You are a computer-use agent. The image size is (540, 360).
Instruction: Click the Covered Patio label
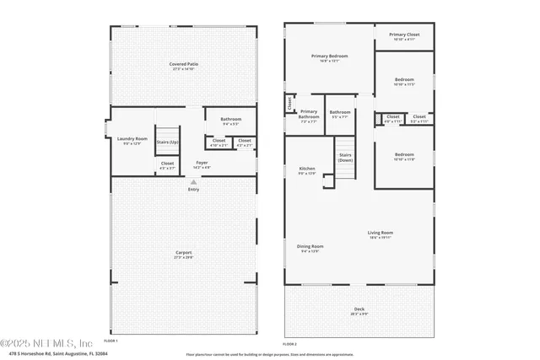click(183, 64)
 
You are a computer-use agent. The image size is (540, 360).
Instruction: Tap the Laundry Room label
click(132, 139)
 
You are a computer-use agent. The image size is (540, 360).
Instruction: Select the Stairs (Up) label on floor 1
click(168, 142)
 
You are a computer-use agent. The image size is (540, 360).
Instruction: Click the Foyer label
click(202, 163)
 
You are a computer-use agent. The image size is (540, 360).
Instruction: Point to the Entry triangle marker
click(194, 182)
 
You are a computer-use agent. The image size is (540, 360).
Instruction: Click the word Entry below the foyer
click(194, 189)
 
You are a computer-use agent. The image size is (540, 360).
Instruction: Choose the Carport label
click(183, 253)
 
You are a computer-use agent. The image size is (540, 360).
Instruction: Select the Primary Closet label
click(403, 35)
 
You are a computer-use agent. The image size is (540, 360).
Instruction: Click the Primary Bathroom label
click(309, 114)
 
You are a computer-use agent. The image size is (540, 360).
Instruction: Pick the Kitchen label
click(307, 169)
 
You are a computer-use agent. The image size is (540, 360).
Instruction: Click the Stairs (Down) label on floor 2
click(345, 157)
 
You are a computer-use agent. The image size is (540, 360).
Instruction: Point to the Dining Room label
click(311, 247)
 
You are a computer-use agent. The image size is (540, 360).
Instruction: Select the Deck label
click(359, 309)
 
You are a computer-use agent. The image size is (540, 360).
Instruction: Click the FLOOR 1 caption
click(111, 340)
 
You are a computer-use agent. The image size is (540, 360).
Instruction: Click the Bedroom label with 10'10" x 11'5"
click(404, 81)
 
